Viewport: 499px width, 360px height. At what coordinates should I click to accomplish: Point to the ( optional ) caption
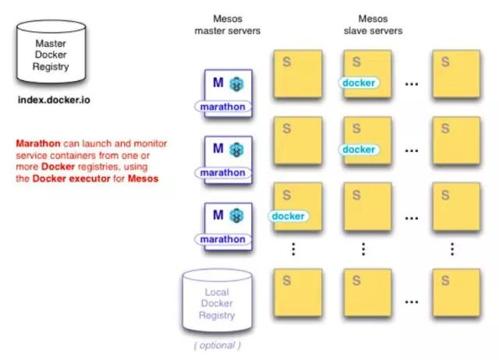(217, 344)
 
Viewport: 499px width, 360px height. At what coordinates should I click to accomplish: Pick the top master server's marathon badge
(223, 106)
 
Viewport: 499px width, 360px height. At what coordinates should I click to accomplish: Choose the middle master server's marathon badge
(223, 172)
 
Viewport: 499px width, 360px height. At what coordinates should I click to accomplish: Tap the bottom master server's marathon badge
(223, 239)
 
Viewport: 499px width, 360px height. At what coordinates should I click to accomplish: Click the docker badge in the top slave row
(359, 83)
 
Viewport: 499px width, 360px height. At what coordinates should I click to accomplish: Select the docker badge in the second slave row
(359, 149)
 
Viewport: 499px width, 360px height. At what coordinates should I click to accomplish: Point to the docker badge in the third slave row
(288, 216)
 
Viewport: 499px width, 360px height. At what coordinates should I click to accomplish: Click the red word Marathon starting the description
(36, 143)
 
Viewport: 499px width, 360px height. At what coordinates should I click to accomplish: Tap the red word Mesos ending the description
(143, 178)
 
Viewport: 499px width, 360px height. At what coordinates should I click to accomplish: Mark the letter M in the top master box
(218, 83)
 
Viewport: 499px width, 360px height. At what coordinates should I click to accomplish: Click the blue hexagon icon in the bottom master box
(235, 216)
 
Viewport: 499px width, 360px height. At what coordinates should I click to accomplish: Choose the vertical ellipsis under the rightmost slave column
(452, 249)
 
